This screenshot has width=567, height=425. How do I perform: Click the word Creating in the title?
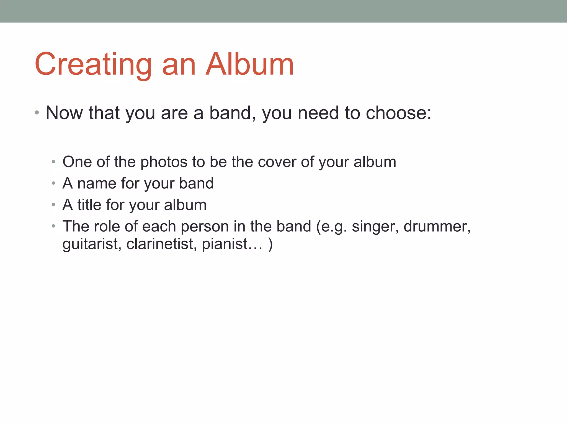tap(93, 65)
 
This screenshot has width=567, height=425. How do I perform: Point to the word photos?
tap(164, 162)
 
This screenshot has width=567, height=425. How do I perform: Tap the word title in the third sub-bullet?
tap(89, 205)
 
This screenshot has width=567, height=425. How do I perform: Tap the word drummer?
tap(437, 227)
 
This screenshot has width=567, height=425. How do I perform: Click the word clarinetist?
tap(162, 244)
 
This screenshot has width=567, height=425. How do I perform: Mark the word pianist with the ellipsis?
tap(232, 244)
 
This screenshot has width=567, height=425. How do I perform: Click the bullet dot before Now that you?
tap(37, 113)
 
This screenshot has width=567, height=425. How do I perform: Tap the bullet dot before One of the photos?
tap(53, 162)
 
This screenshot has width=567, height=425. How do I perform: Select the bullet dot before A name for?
tap(53, 183)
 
